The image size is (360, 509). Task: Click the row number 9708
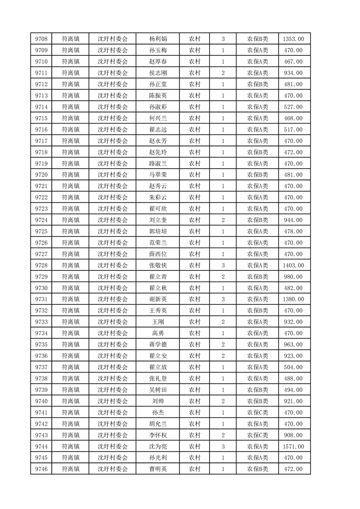(41, 39)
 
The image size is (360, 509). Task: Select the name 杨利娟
(158, 39)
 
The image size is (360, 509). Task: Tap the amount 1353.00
(293, 39)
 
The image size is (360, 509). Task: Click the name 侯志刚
(158, 73)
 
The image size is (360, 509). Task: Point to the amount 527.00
(293, 107)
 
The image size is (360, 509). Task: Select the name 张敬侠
(158, 265)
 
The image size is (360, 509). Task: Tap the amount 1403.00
(293, 265)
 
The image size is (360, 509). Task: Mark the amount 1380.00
(293, 299)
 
